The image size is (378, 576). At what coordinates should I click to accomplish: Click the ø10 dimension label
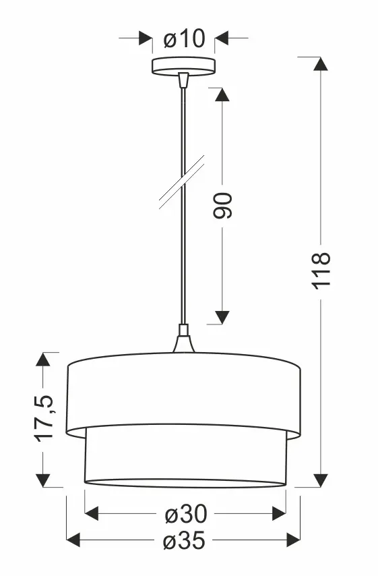tap(184, 38)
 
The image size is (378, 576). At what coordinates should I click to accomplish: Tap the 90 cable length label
tap(223, 205)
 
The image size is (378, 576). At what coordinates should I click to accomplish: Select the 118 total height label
tap(321, 271)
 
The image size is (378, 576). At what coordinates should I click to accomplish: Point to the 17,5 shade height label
tap(44, 418)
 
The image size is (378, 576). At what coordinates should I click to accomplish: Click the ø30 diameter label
tap(186, 514)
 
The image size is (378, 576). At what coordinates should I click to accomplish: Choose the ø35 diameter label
tap(184, 541)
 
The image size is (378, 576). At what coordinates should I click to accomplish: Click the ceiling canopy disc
tap(183, 65)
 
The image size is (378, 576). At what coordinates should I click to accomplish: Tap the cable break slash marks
tap(182, 182)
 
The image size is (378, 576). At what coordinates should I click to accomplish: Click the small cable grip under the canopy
tap(183, 80)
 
